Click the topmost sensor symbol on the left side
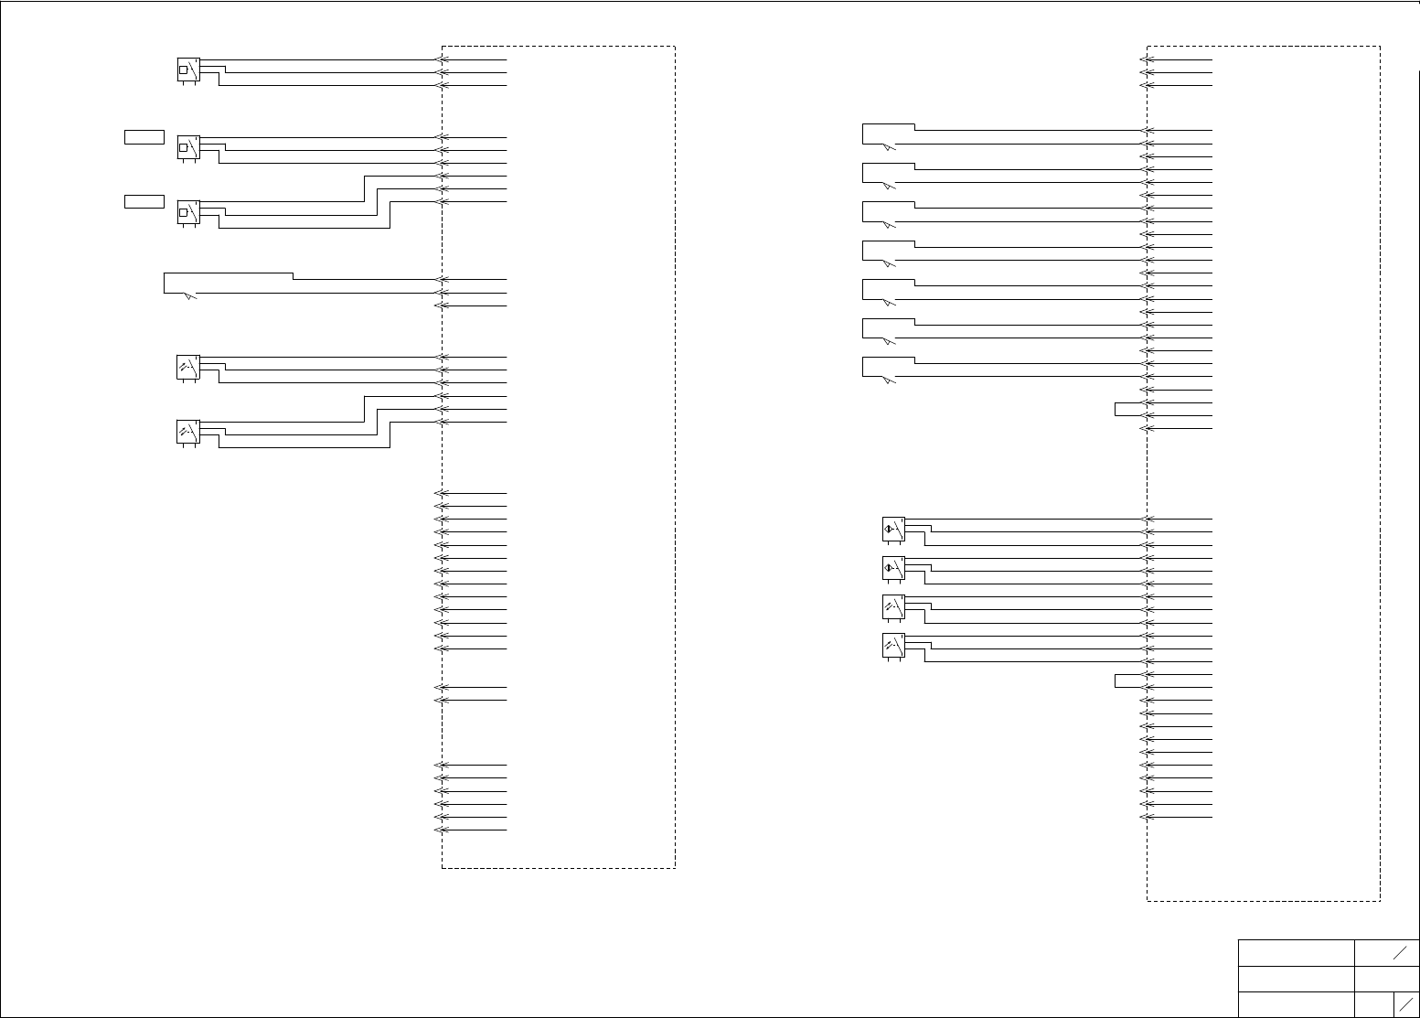pos(187,70)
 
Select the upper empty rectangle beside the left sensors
pos(144,137)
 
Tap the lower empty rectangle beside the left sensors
pos(144,201)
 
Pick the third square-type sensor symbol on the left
pos(187,212)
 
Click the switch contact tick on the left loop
pos(189,295)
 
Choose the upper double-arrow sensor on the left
pos(187,368)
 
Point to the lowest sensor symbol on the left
pos(187,432)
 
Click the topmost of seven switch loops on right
pos(888,134)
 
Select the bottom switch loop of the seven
pos(888,368)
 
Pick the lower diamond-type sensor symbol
pos(893,568)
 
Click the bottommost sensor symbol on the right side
pos(893,646)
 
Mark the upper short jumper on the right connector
pos(1128,409)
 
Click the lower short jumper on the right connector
pos(1128,680)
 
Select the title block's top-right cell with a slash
pos(1387,952)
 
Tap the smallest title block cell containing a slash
pos(1406,1003)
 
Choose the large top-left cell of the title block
pos(1296,952)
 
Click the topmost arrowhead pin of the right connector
pos(1145,59)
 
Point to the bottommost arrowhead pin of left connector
pos(438,830)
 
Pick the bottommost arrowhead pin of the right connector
pos(1145,817)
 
